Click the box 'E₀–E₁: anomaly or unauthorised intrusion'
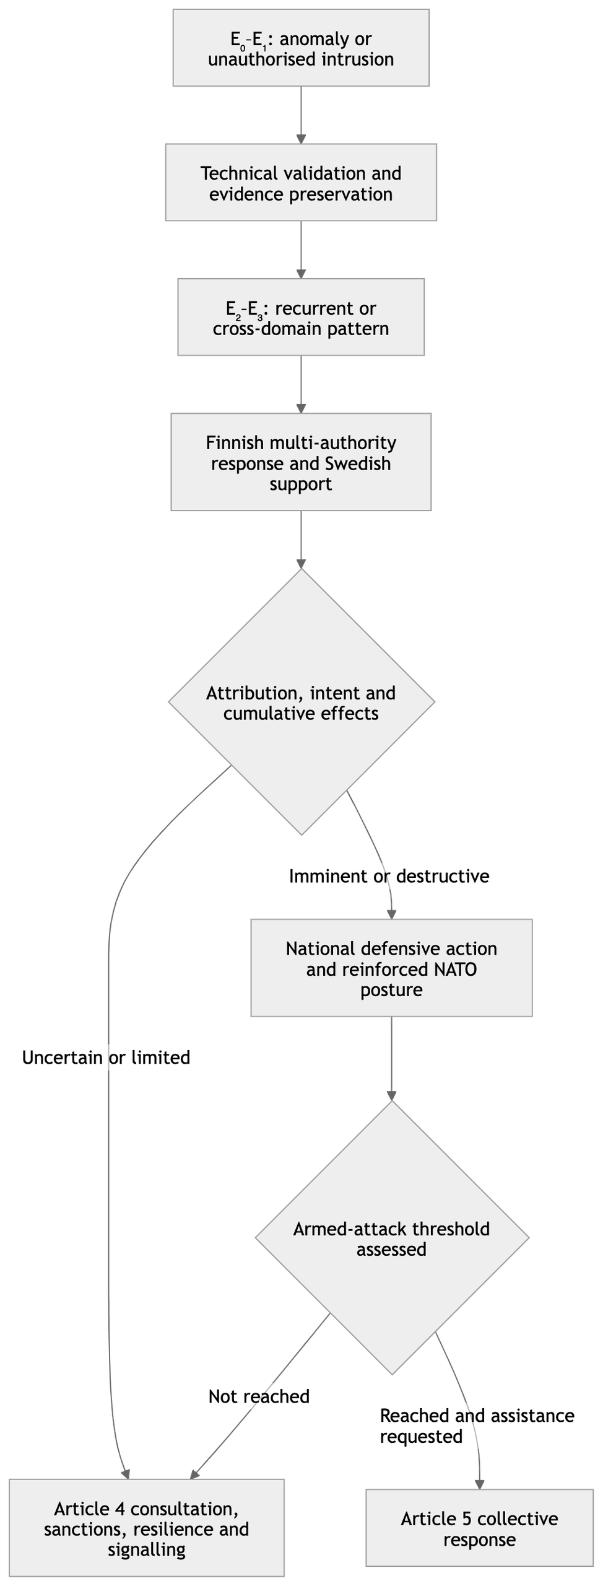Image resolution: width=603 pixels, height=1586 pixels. [x=301, y=48]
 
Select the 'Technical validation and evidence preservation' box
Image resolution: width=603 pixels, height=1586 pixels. [x=301, y=182]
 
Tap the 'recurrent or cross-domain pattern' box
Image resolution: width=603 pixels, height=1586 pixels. [x=301, y=317]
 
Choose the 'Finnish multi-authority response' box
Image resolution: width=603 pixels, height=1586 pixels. [x=301, y=462]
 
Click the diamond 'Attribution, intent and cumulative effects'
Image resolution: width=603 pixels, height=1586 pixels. [x=301, y=701]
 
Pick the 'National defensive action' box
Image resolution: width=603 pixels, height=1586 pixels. [x=391, y=968]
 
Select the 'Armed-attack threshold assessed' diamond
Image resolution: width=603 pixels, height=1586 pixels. [x=392, y=1238]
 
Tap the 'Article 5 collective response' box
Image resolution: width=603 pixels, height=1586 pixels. [x=480, y=1528]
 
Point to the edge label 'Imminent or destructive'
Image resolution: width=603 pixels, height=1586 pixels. [x=389, y=876]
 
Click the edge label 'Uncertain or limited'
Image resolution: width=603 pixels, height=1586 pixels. [x=106, y=1057]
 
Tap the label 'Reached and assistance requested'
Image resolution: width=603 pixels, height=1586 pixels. [x=477, y=1426]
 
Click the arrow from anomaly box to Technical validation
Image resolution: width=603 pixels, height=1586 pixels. [x=301, y=115]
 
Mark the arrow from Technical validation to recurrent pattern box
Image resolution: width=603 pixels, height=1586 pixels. [x=301, y=250]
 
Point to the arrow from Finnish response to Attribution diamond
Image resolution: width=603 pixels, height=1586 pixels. [x=301, y=540]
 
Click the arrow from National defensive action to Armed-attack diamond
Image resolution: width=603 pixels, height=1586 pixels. [x=391, y=1059]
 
